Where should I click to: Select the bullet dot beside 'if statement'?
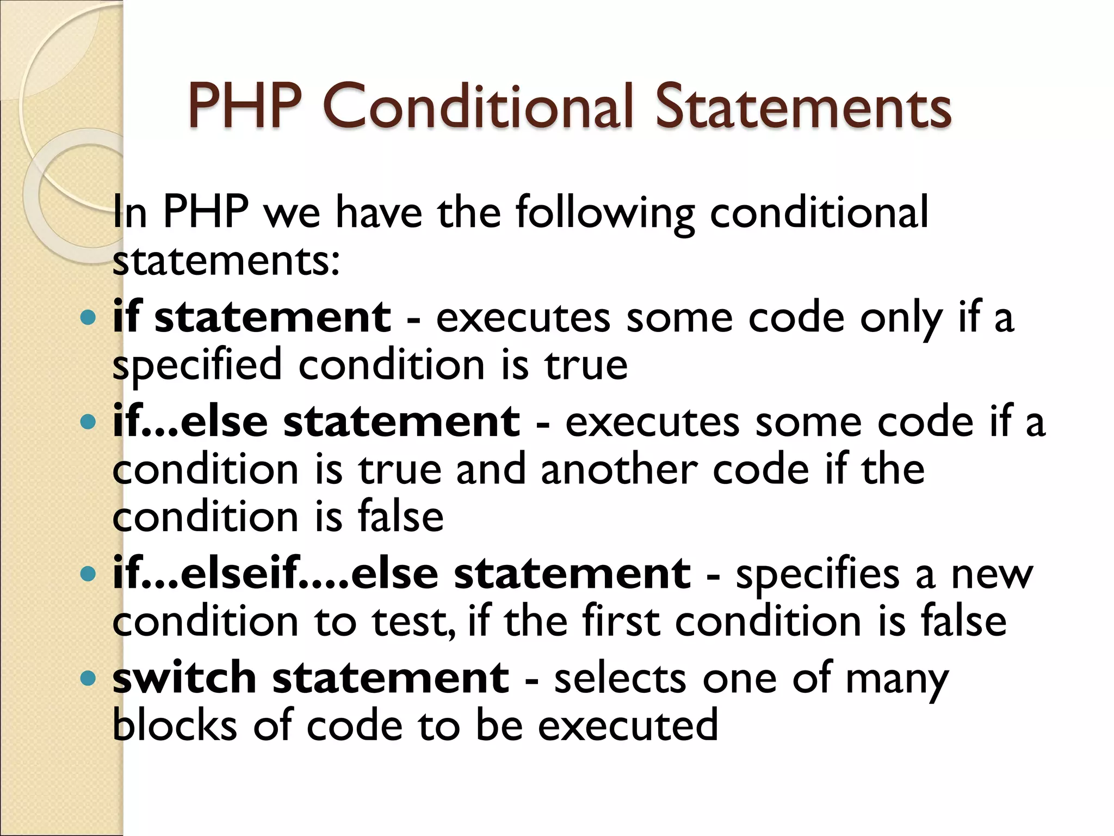point(87,317)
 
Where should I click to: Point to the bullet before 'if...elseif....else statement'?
point(87,574)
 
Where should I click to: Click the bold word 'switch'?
point(184,678)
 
